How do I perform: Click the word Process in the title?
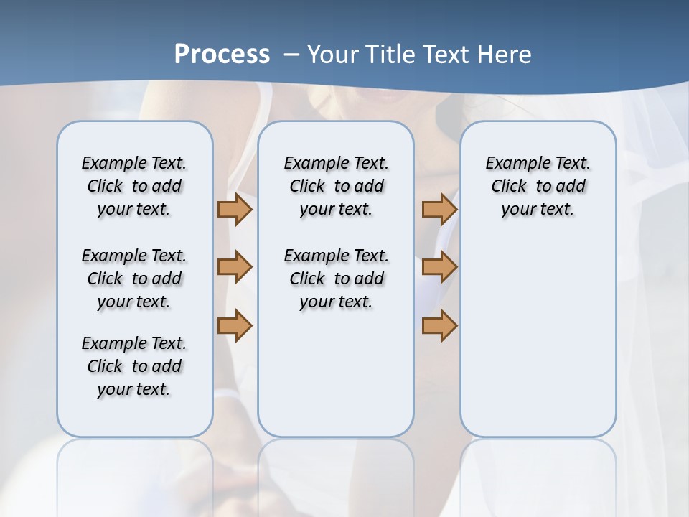222,55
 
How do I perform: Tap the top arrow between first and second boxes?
235,209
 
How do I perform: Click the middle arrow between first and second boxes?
235,267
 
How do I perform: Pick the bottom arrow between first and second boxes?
235,325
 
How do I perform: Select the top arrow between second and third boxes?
439,209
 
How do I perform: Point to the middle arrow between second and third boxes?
439,267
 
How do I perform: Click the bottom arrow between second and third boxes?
439,325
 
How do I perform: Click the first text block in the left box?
134,186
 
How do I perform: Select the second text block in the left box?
134,279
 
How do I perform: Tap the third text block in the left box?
134,366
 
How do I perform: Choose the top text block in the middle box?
336,186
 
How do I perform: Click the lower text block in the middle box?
336,279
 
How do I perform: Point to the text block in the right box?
538,186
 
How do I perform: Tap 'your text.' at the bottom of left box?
134,389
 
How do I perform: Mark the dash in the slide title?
291,55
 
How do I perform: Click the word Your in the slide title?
332,55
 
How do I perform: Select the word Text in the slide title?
446,55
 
